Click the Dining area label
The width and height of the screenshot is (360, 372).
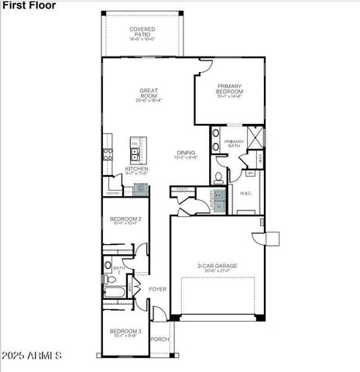pyautogui.click(x=185, y=153)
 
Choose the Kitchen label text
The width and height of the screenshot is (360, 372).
pyautogui.click(x=137, y=168)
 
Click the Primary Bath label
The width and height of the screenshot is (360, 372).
pyautogui.click(x=235, y=143)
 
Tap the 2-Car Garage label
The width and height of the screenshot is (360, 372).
pyautogui.click(x=217, y=266)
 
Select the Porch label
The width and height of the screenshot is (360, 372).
pyautogui.click(x=159, y=339)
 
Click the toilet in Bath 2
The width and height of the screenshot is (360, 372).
pyautogui.click(x=108, y=265)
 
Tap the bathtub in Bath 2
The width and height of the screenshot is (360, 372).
pyautogui.click(x=114, y=293)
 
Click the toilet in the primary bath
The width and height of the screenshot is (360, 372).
pyautogui.click(x=219, y=177)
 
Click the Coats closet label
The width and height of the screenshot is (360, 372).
pyautogui.click(x=183, y=188)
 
